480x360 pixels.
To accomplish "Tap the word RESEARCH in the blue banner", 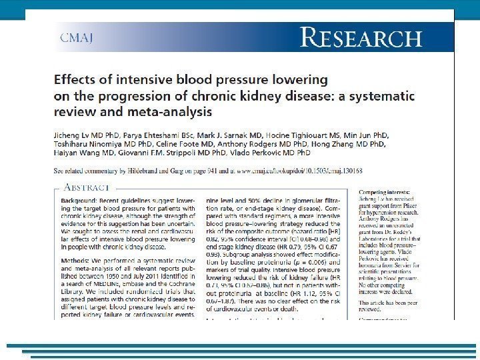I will (361, 37).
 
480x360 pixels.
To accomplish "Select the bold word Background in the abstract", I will (78, 201).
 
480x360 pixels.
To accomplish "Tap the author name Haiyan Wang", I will (83, 153).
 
